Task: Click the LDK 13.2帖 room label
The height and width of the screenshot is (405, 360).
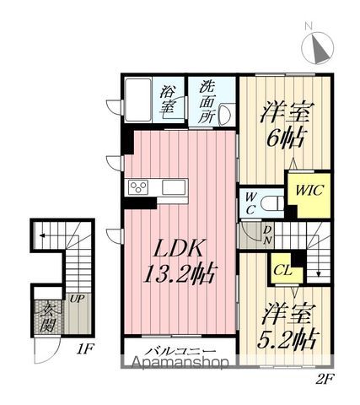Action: click(x=180, y=261)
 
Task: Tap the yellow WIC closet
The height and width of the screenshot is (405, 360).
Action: click(x=310, y=194)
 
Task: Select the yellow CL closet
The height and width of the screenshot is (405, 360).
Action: click(x=284, y=270)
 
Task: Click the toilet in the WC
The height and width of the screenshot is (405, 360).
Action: click(x=272, y=202)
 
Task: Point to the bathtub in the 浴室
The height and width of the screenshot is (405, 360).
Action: click(x=138, y=100)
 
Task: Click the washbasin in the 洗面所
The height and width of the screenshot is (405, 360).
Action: click(x=225, y=115)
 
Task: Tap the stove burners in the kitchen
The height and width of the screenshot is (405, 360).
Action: click(x=138, y=187)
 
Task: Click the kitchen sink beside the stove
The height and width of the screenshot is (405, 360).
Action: click(x=174, y=187)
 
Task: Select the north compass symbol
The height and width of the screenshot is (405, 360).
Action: click(x=317, y=46)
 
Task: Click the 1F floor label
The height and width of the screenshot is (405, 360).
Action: click(x=84, y=349)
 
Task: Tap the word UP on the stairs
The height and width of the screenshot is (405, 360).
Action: click(x=77, y=299)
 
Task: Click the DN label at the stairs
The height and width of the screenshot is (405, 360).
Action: click(x=268, y=235)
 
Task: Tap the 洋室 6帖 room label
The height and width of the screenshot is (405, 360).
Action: click(x=286, y=125)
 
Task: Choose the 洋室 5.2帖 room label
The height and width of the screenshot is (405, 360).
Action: click(x=287, y=326)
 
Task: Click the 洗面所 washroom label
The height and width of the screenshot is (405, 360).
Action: click(x=207, y=103)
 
